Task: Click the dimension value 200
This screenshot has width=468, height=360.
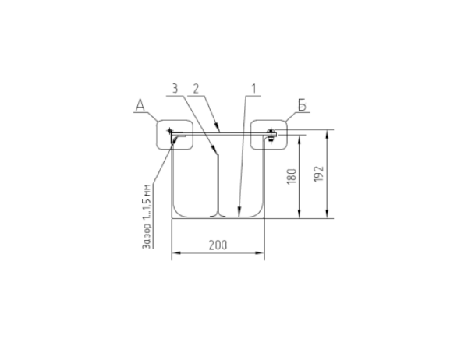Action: [218, 245]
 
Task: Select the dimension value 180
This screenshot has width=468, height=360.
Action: [292, 176]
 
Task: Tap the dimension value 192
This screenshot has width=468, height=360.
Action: [319, 174]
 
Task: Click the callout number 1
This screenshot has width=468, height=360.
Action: [253, 89]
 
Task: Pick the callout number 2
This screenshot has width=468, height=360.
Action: [196, 89]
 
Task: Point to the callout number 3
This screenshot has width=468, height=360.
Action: [175, 89]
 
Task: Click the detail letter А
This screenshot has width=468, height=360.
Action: [140, 105]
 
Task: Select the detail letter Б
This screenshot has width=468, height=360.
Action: [302, 105]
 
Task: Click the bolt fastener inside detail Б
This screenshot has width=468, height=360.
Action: [271, 136]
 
